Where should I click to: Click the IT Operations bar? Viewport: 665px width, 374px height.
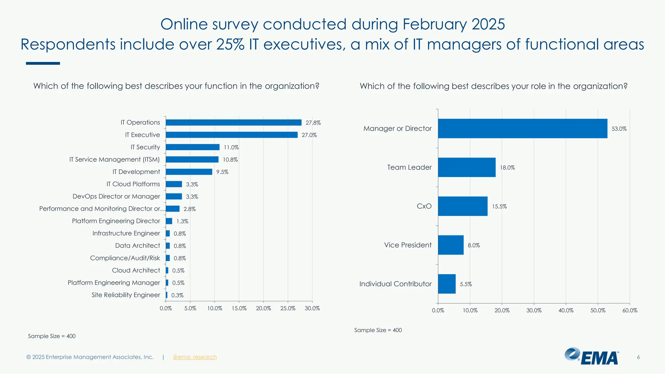[x=233, y=122]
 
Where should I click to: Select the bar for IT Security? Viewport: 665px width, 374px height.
[x=193, y=147]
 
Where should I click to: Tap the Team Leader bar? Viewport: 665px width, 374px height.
[x=467, y=167]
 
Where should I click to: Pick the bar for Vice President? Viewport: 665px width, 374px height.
[x=451, y=245]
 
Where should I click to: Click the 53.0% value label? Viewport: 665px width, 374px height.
[x=619, y=129]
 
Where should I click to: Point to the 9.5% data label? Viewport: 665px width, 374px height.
[x=222, y=172]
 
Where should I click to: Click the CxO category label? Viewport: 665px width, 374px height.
[x=424, y=206]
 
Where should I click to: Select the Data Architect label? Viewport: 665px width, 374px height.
[x=137, y=246]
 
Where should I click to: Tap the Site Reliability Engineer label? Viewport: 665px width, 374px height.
[x=126, y=295]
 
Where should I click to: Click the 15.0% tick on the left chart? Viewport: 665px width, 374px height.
[x=239, y=308]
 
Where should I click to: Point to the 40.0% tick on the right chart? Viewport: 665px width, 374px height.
[x=566, y=310]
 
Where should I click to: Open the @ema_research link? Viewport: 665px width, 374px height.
[x=194, y=357]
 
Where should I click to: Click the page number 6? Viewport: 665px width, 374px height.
[x=638, y=357]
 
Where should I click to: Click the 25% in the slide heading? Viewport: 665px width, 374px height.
[x=230, y=44]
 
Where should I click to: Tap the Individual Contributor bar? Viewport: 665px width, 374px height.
[x=446, y=284]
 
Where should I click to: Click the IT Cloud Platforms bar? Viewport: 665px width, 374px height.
[x=174, y=184]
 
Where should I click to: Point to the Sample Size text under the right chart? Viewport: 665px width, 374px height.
[x=378, y=330]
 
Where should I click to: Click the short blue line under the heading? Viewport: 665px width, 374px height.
[x=43, y=63]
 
